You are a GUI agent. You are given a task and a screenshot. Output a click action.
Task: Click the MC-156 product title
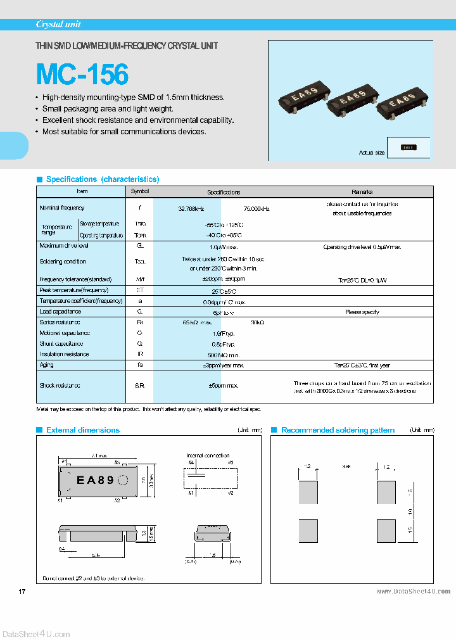[82, 74]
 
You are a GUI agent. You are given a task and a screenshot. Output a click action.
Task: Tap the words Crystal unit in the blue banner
[58, 25]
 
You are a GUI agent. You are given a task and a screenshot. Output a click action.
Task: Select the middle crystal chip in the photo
[352, 100]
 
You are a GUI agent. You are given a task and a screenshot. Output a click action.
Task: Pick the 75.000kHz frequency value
[256, 208]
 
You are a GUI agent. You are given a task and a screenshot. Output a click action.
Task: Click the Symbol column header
[140, 191]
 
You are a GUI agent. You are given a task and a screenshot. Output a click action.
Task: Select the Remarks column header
[362, 191]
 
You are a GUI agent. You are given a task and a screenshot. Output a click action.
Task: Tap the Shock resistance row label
[60, 385]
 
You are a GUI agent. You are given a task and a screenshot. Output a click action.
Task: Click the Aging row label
[47, 365]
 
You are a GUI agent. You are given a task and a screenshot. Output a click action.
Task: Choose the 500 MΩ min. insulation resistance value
[224, 355]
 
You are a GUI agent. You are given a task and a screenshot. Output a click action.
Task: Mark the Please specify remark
[362, 312]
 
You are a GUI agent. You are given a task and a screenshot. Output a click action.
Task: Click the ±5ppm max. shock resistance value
[224, 385]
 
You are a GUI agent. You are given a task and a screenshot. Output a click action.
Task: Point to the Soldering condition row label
[63, 262]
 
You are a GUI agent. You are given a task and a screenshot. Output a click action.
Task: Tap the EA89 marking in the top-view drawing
[95, 480]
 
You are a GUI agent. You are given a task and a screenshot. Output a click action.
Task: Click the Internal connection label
[208, 455]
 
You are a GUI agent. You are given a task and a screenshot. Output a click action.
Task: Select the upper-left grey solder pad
[308, 492]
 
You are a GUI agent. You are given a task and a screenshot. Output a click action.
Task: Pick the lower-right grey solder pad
[386, 530]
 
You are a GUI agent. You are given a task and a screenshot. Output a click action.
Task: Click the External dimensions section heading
[83, 430]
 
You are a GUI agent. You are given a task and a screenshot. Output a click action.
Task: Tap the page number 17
[22, 592]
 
